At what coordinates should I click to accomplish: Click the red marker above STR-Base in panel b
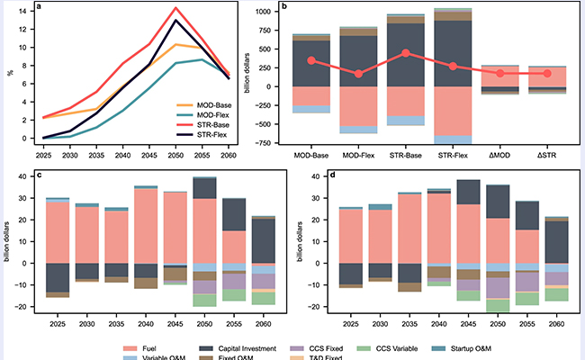click(x=406, y=53)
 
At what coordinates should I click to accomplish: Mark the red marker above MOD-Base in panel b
click(x=311, y=60)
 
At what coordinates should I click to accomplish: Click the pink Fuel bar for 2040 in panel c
click(x=146, y=225)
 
